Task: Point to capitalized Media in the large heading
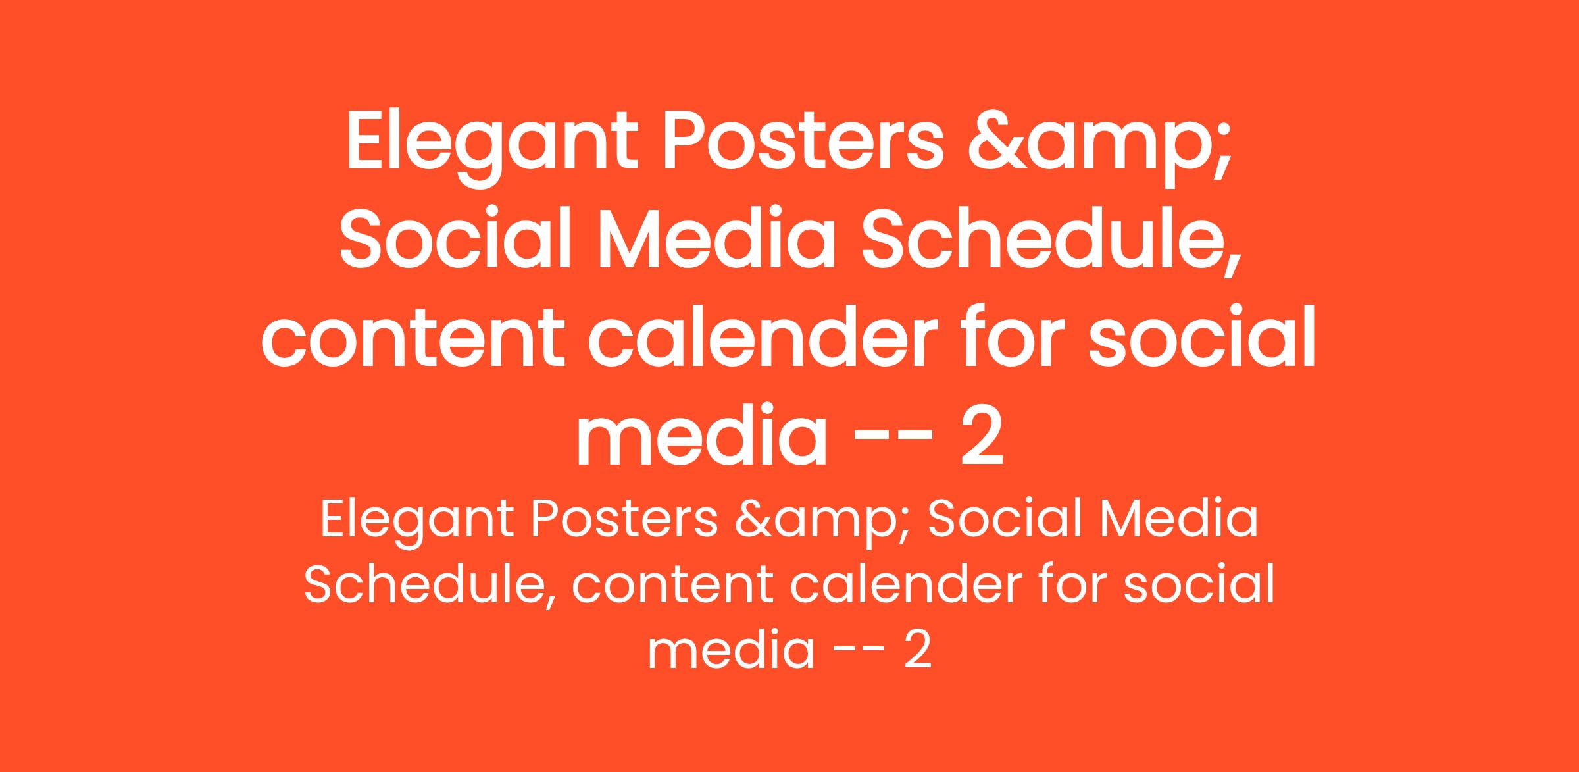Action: click(x=714, y=240)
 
